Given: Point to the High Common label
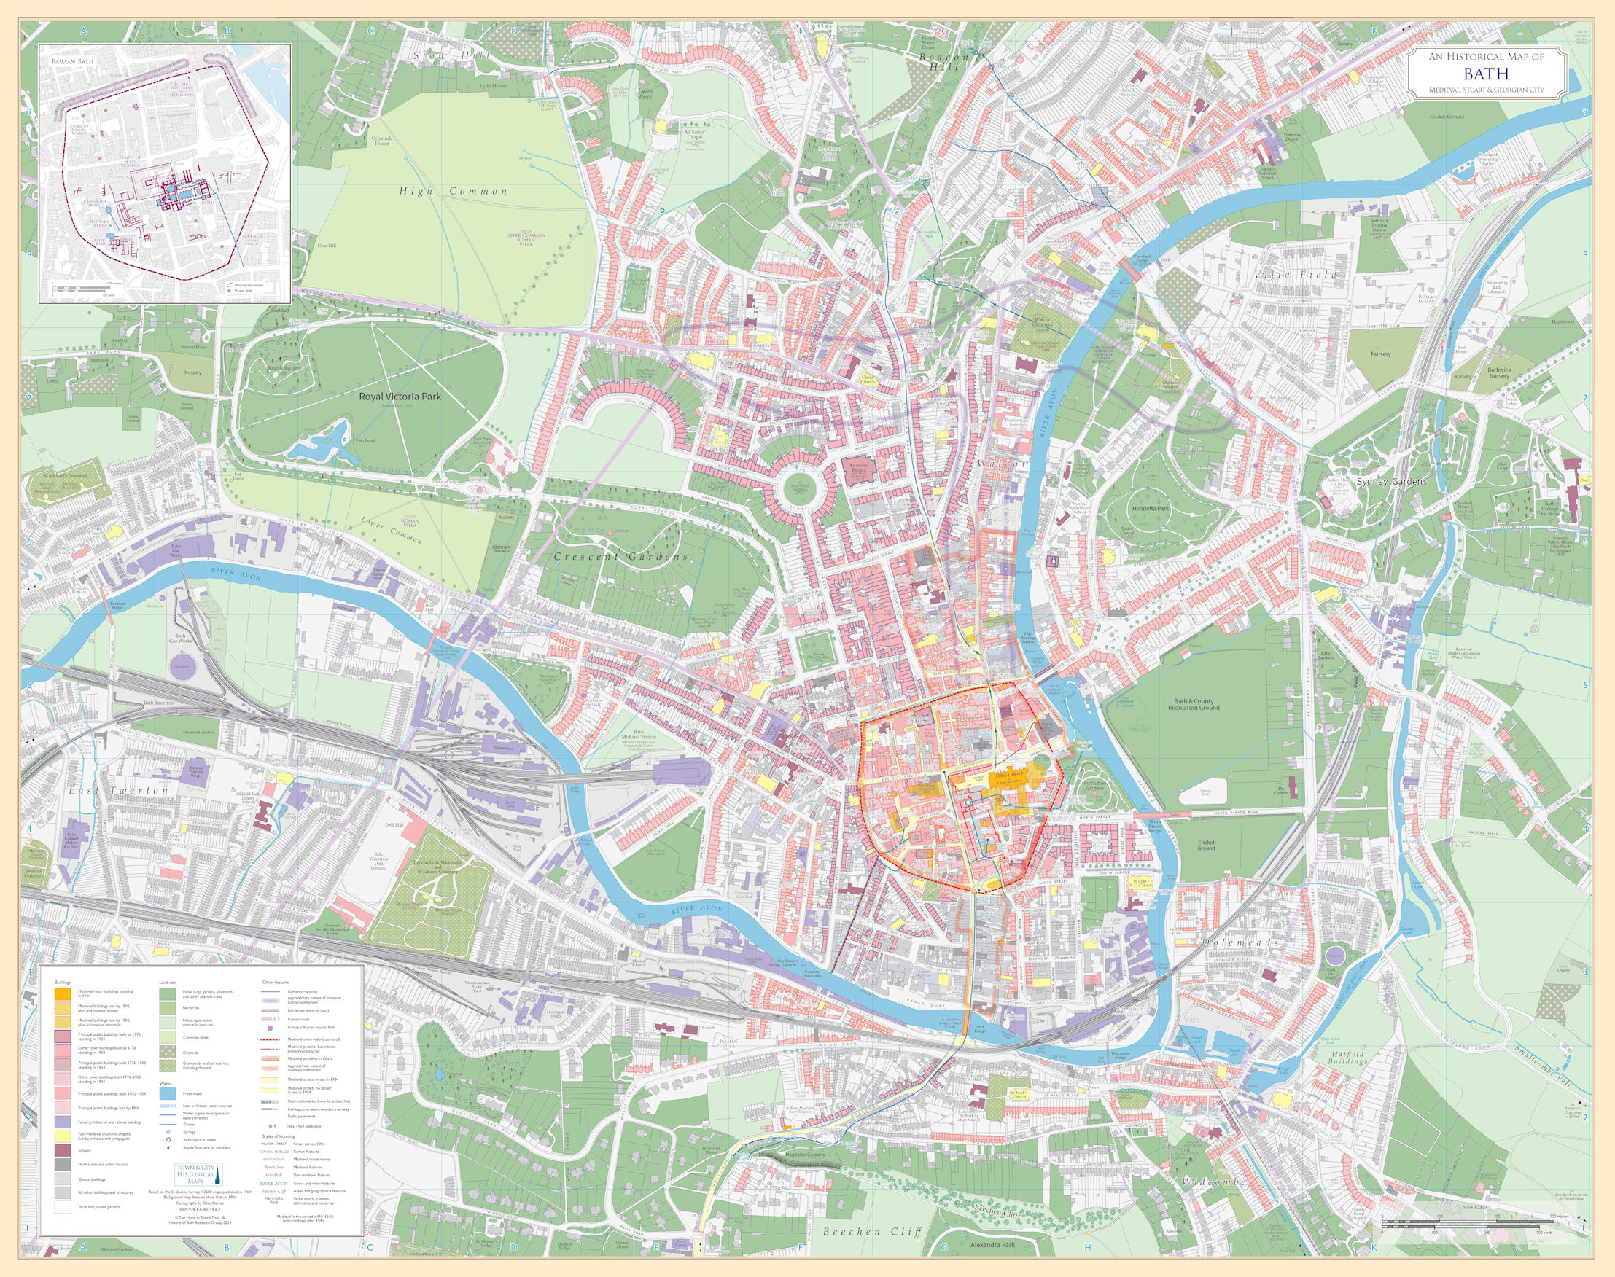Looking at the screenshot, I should coord(453,192).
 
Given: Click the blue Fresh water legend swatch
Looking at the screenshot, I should coord(168,1095).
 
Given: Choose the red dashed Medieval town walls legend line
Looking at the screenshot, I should coord(271,1040).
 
